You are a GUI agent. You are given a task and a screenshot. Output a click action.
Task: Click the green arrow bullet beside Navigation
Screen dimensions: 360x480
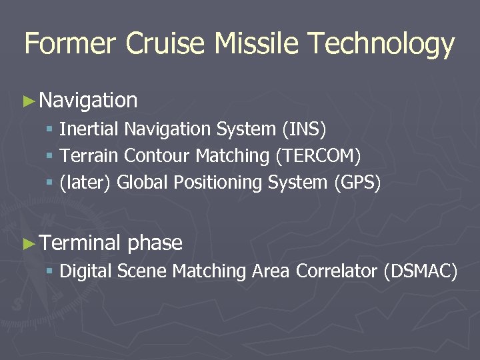pyautogui.click(x=28, y=101)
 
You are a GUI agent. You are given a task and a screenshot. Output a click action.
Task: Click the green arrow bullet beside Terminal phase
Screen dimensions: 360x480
pyautogui.click(x=28, y=243)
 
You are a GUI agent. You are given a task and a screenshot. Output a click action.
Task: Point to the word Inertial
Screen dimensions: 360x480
pyautogui.click(x=89, y=128)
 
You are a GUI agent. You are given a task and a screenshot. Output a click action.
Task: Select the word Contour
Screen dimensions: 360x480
pyautogui.click(x=158, y=156)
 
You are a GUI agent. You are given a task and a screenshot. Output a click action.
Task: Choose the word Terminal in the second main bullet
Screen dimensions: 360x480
pyautogui.click(x=80, y=243)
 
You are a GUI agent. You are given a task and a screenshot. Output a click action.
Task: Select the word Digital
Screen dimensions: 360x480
pyautogui.click(x=86, y=272)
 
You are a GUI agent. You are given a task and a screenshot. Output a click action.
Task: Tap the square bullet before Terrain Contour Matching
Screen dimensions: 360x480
pyautogui.click(x=50, y=157)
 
